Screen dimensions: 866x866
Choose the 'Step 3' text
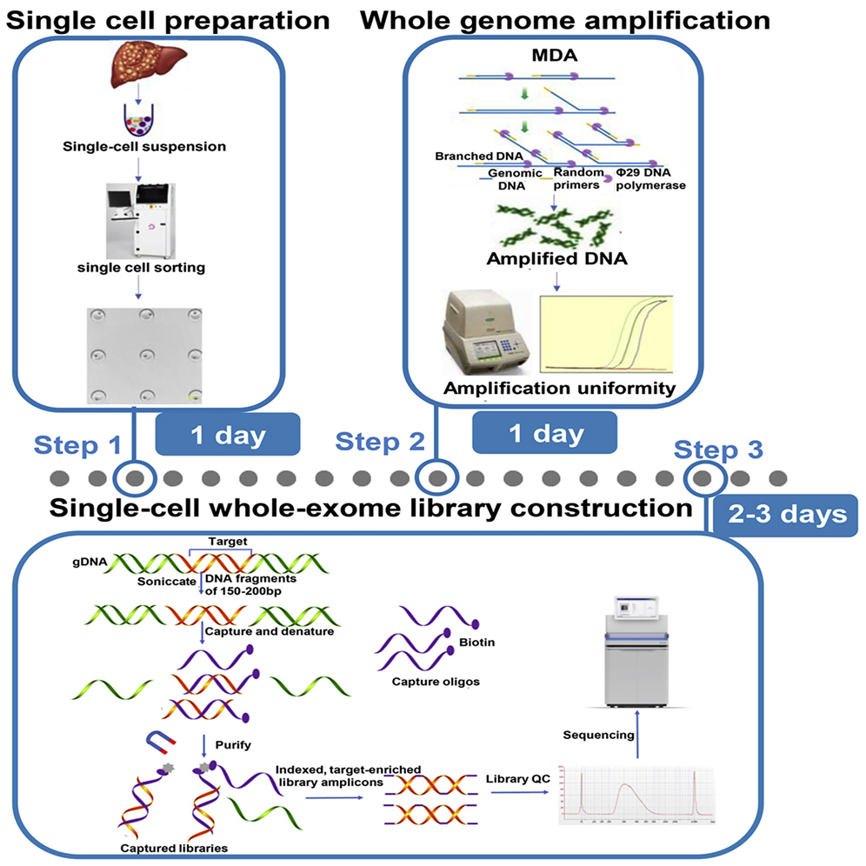click(719, 450)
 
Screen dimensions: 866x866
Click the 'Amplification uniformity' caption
click(559, 389)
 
